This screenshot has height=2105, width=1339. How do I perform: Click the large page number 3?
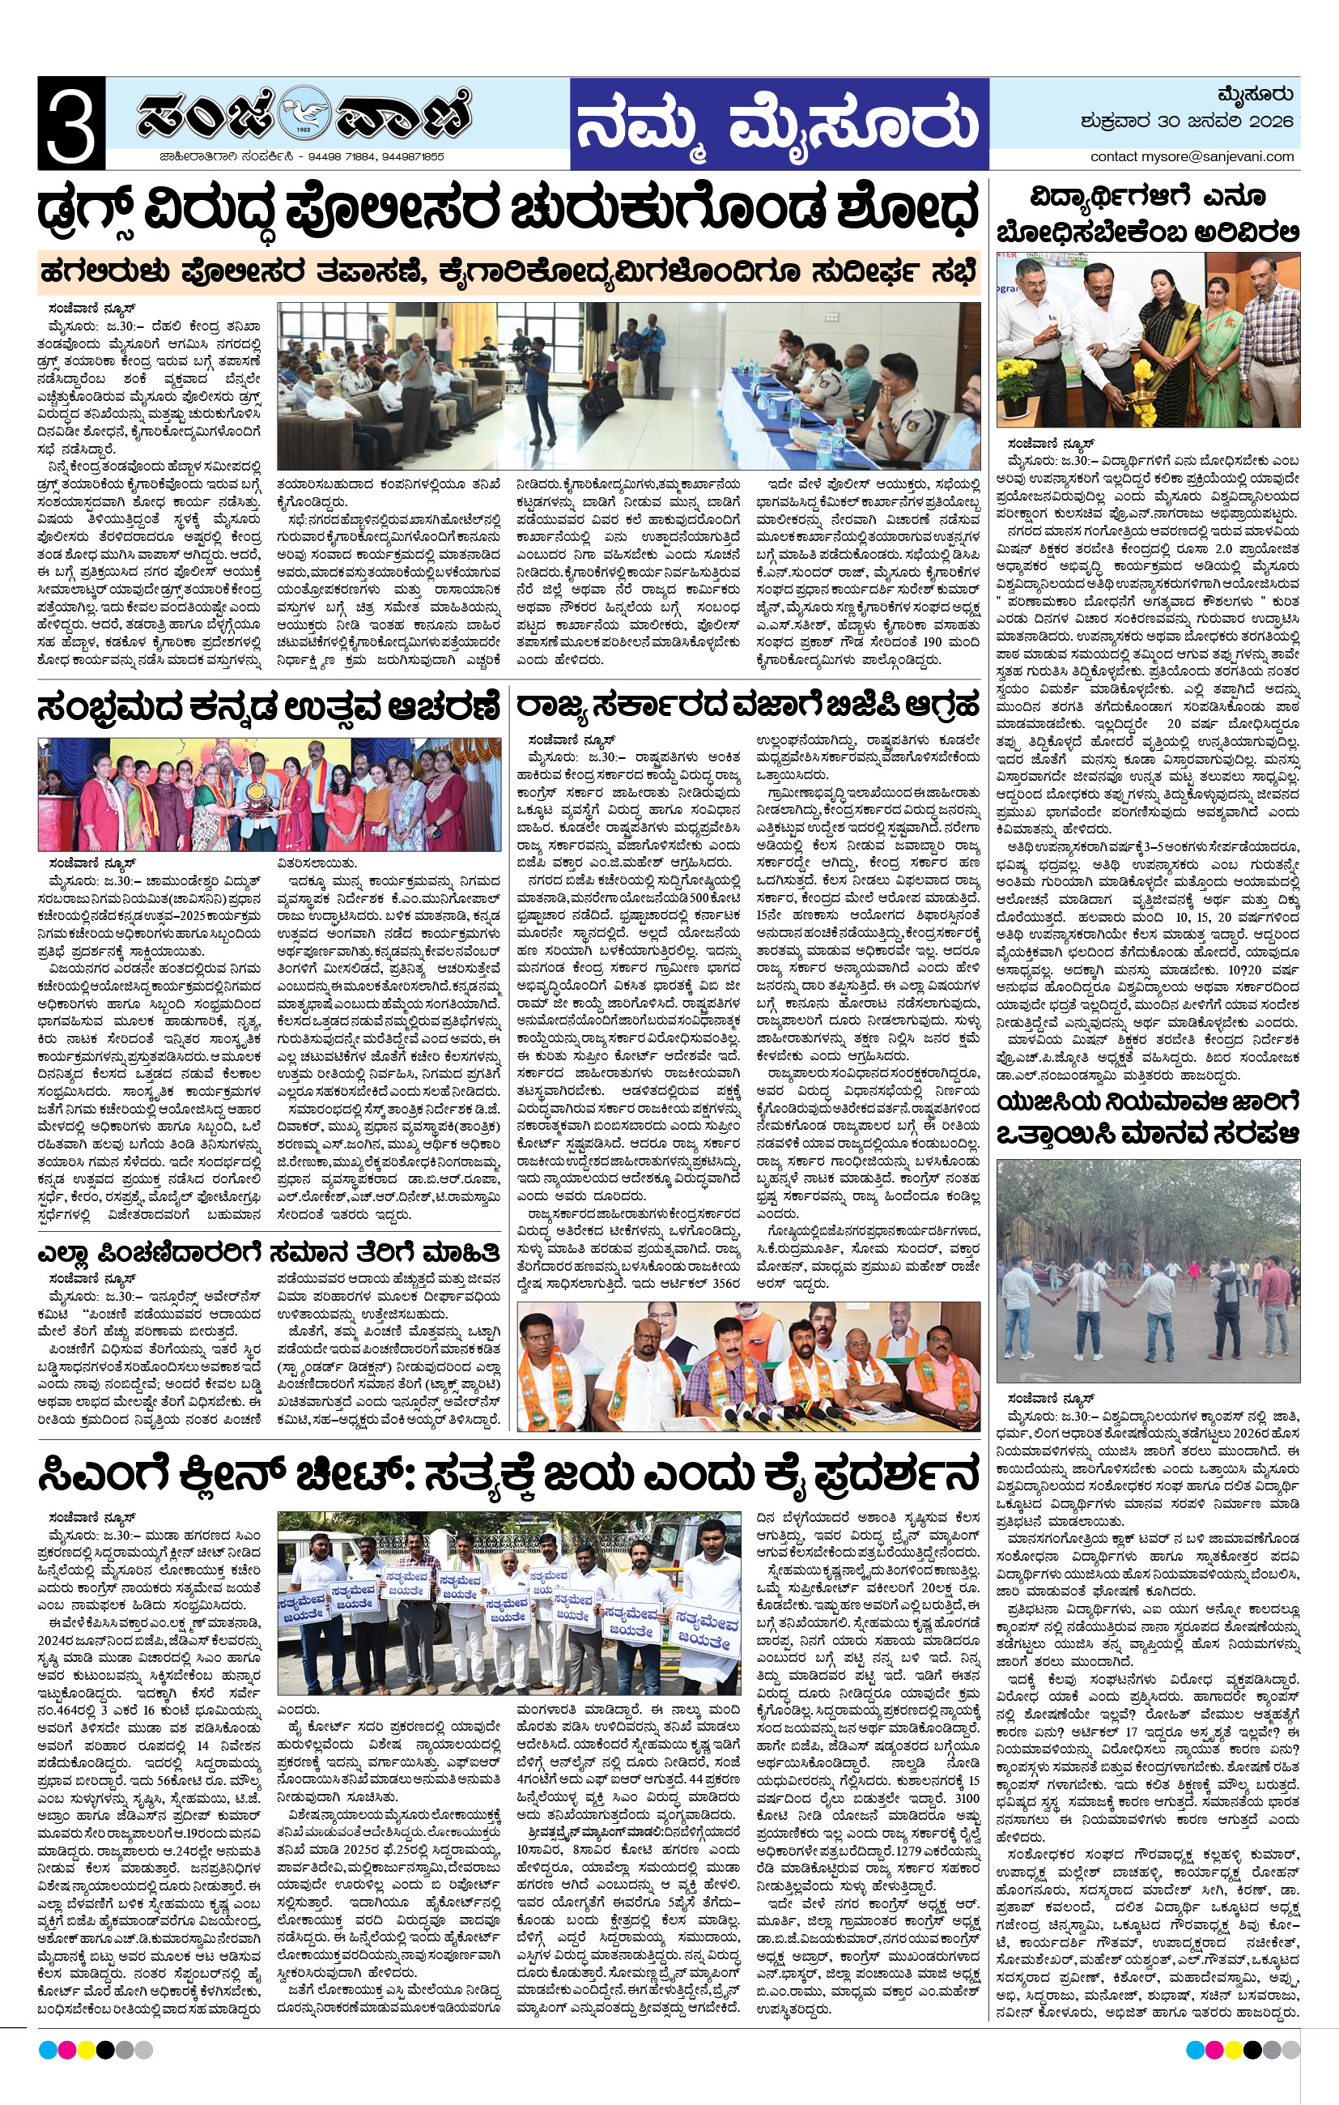[x=70, y=123]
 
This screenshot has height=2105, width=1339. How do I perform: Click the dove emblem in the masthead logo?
[x=304, y=112]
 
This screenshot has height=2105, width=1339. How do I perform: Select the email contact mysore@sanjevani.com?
[x=1192, y=156]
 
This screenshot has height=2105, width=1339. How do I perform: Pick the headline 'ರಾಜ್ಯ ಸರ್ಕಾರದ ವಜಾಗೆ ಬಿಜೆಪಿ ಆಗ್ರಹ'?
[x=747, y=705]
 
